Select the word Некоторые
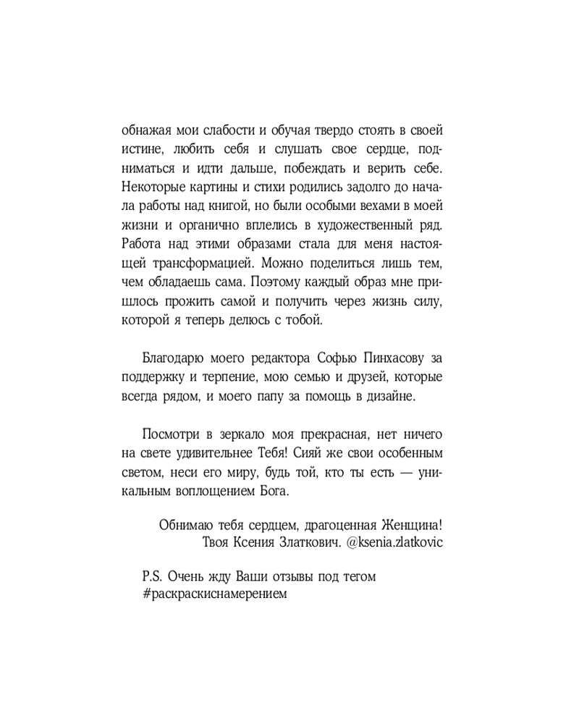point(151,187)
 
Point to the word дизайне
point(393,396)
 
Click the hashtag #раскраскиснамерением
point(216,595)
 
